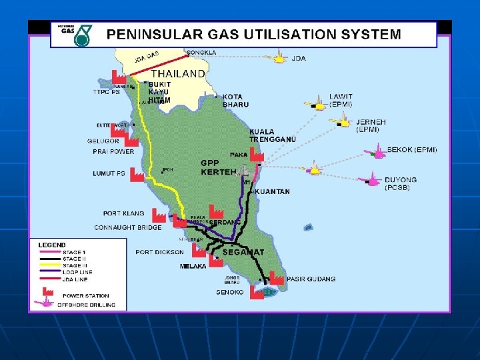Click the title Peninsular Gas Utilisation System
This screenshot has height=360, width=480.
click(255, 34)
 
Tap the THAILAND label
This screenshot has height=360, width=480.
click(178, 74)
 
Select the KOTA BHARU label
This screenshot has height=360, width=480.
click(235, 101)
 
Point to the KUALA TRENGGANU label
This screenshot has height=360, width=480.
click(272, 135)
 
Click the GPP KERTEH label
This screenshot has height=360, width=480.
click(219, 167)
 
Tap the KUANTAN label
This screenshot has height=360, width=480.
click(272, 191)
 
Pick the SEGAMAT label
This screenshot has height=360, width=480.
click(243, 253)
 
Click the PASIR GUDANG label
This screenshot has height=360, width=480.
click(311, 279)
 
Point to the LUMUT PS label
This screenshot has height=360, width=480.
click(109, 174)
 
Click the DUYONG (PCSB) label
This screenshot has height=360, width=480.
click(401, 183)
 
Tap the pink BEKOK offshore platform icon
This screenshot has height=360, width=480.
click(377, 152)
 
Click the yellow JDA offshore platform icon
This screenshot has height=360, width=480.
click(276, 58)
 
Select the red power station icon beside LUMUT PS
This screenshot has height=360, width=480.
click(137, 175)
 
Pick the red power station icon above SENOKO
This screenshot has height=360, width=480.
click(256, 291)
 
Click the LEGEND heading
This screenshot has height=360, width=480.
click(51, 245)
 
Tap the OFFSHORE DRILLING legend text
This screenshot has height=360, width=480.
click(86, 305)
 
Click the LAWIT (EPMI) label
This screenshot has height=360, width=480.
click(341, 100)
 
